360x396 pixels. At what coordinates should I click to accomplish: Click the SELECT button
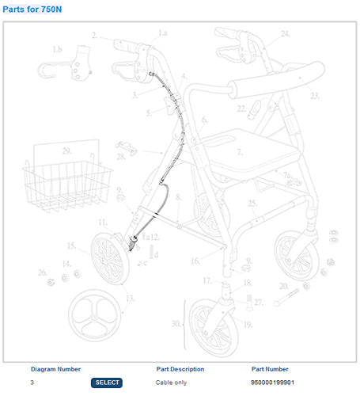point(107,383)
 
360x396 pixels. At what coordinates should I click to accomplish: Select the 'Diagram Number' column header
point(55,369)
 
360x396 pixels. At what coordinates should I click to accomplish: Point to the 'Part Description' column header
point(180,369)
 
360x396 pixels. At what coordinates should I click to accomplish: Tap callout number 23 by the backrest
point(314,96)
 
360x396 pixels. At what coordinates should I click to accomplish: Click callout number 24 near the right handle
point(286,33)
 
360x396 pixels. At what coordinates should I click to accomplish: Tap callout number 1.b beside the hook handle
point(57,50)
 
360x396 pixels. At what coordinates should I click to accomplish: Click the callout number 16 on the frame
point(194,259)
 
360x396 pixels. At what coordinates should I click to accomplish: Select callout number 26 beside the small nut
point(42,272)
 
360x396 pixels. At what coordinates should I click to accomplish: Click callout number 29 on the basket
point(67,150)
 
